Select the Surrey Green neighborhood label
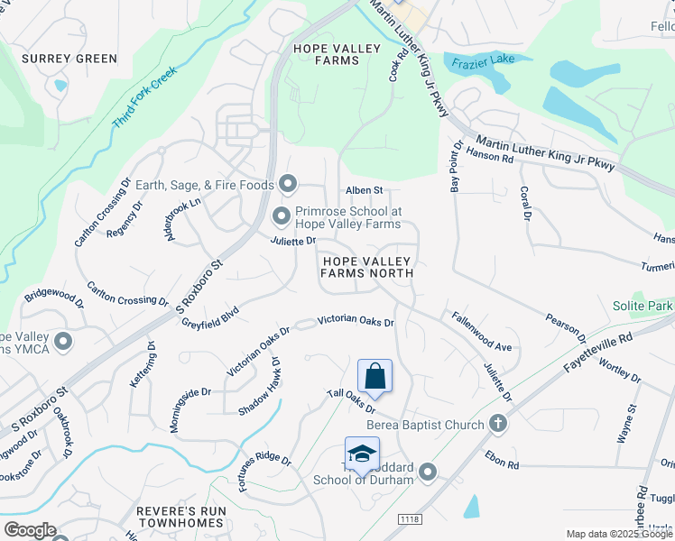pos(69,59)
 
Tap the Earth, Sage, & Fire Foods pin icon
pos(288,185)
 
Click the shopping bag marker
pos(374,375)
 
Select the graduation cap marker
pos(362,454)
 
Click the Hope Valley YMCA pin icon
pos(63,341)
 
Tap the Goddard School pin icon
pos(428,472)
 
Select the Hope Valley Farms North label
pos(367,267)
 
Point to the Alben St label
pos(365,190)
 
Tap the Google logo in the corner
pos(31,530)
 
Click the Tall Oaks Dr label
pos(350,402)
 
